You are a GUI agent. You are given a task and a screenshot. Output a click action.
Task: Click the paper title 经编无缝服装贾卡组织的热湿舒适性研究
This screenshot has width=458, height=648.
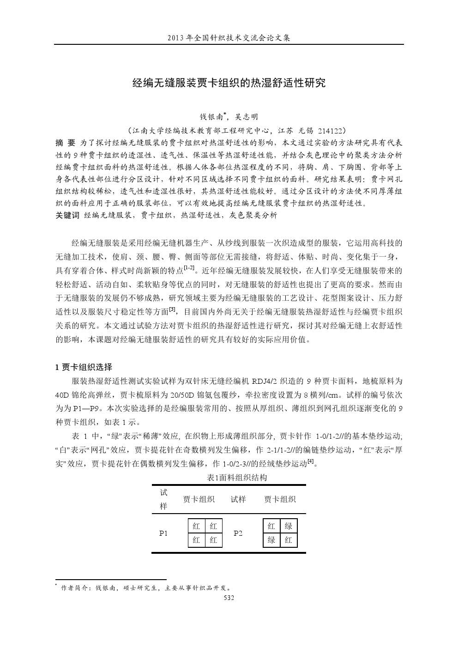click(229, 83)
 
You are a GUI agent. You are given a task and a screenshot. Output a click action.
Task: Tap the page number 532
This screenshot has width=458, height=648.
click(229, 598)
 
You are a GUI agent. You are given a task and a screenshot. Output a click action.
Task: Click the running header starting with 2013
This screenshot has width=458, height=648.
click(229, 37)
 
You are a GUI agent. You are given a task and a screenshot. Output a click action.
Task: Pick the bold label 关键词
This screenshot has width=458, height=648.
click(67, 215)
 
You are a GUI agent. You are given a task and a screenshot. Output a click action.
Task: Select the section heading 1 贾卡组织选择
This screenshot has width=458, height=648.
click(84, 367)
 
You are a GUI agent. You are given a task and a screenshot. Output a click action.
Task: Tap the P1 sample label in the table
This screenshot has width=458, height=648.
click(163, 533)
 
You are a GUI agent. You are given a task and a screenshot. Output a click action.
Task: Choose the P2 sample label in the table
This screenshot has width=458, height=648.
click(238, 533)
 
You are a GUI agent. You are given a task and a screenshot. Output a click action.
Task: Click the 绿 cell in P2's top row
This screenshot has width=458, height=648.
click(289, 526)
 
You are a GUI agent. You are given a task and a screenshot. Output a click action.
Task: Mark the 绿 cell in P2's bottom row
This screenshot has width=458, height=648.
click(271, 539)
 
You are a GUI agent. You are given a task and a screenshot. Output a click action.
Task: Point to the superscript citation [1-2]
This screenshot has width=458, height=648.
click(189, 268)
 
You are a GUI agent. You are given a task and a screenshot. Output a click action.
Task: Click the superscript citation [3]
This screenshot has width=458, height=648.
click(173, 309)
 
